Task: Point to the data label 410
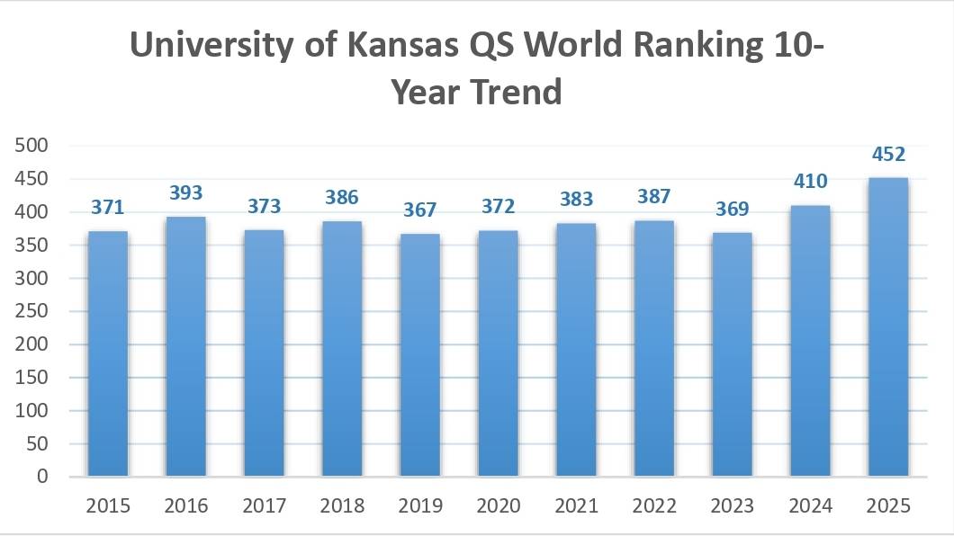809,182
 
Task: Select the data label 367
419,210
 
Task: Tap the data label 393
185,192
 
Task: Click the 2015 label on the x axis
108,506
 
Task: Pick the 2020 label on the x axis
498,506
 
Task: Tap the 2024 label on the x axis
809,506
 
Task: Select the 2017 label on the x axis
264,506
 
